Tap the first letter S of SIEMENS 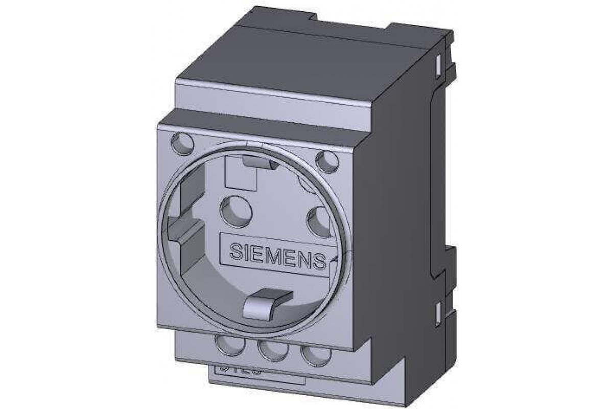236,252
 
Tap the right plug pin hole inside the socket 320,222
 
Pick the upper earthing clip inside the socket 258,161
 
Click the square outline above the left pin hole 240,174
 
